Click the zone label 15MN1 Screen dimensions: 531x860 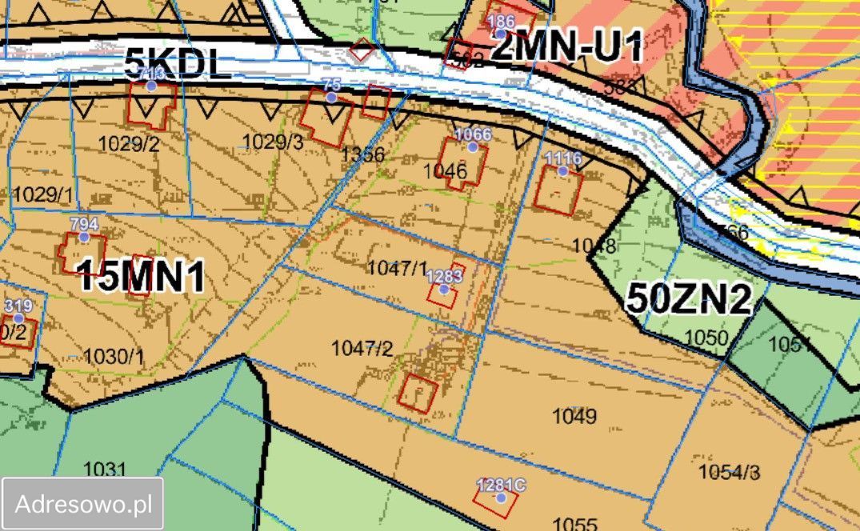click(x=142, y=277)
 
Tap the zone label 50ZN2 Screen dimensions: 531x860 click(x=689, y=299)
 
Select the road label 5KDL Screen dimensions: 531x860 click(x=178, y=64)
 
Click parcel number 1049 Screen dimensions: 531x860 click(x=574, y=416)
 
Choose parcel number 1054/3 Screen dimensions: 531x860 click(x=729, y=472)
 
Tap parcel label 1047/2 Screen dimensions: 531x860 click(x=362, y=348)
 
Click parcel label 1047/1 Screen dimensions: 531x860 click(x=398, y=268)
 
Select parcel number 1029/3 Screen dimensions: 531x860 click(x=273, y=142)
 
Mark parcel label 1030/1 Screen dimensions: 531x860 click(x=114, y=356)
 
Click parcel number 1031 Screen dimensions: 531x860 click(x=105, y=469)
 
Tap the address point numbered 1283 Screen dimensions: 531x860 click(x=444, y=289)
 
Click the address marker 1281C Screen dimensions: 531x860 click(x=501, y=497)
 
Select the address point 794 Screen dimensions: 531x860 click(x=83, y=237)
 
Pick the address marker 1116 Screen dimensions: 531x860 click(x=562, y=170)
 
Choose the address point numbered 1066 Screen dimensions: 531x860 click(x=472, y=146)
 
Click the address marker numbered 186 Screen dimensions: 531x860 click(x=500, y=34)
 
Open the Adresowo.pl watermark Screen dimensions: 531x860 click(x=83, y=505)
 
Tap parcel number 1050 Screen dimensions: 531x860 click(x=707, y=337)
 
